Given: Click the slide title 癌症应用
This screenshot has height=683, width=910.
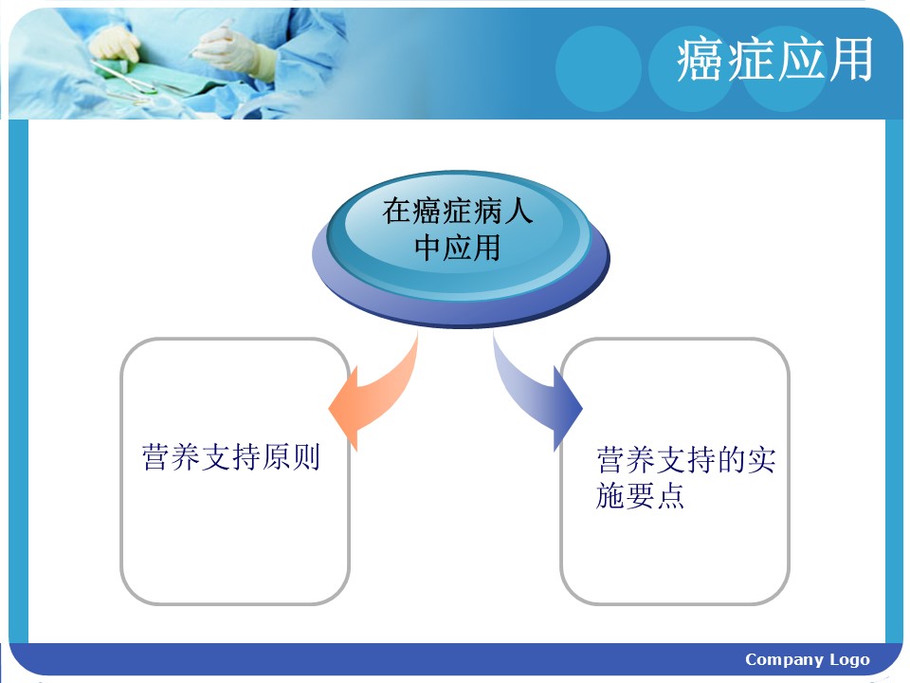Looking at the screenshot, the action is click(774, 59).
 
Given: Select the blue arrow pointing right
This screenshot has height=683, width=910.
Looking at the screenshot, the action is click(534, 395).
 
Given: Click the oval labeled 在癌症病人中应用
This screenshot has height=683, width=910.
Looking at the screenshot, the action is click(461, 249).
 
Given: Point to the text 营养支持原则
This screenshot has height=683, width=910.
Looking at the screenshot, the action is click(231, 457).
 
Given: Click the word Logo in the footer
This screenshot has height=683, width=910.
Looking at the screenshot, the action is click(849, 660).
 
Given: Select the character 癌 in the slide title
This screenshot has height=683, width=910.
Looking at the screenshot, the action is click(701, 59).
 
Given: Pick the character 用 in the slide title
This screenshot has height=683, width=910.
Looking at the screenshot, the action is click(850, 59).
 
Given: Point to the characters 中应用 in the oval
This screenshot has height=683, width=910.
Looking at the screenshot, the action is click(457, 248).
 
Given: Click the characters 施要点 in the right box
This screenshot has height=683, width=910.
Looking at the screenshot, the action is click(640, 495).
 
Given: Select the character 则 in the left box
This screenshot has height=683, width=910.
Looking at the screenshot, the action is click(306, 457).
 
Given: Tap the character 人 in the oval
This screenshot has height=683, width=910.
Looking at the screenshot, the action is click(519, 211).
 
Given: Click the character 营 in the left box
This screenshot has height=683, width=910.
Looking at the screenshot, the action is click(156, 457).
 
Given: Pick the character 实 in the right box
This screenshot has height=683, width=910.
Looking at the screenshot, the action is click(761, 460).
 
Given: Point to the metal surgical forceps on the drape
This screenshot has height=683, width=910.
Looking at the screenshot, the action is click(125, 79).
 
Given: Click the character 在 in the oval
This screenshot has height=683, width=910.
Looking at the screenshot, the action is click(396, 211).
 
